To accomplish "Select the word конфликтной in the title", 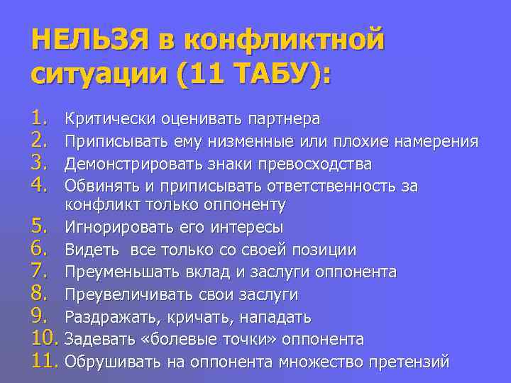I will (x=284, y=38).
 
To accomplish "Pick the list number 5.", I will (x=41, y=228).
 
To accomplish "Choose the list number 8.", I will (x=41, y=294).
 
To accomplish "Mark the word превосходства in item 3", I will (x=323, y=165).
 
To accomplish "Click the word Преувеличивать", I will (x=123, y=294).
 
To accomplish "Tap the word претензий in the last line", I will (x=410, y=362).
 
